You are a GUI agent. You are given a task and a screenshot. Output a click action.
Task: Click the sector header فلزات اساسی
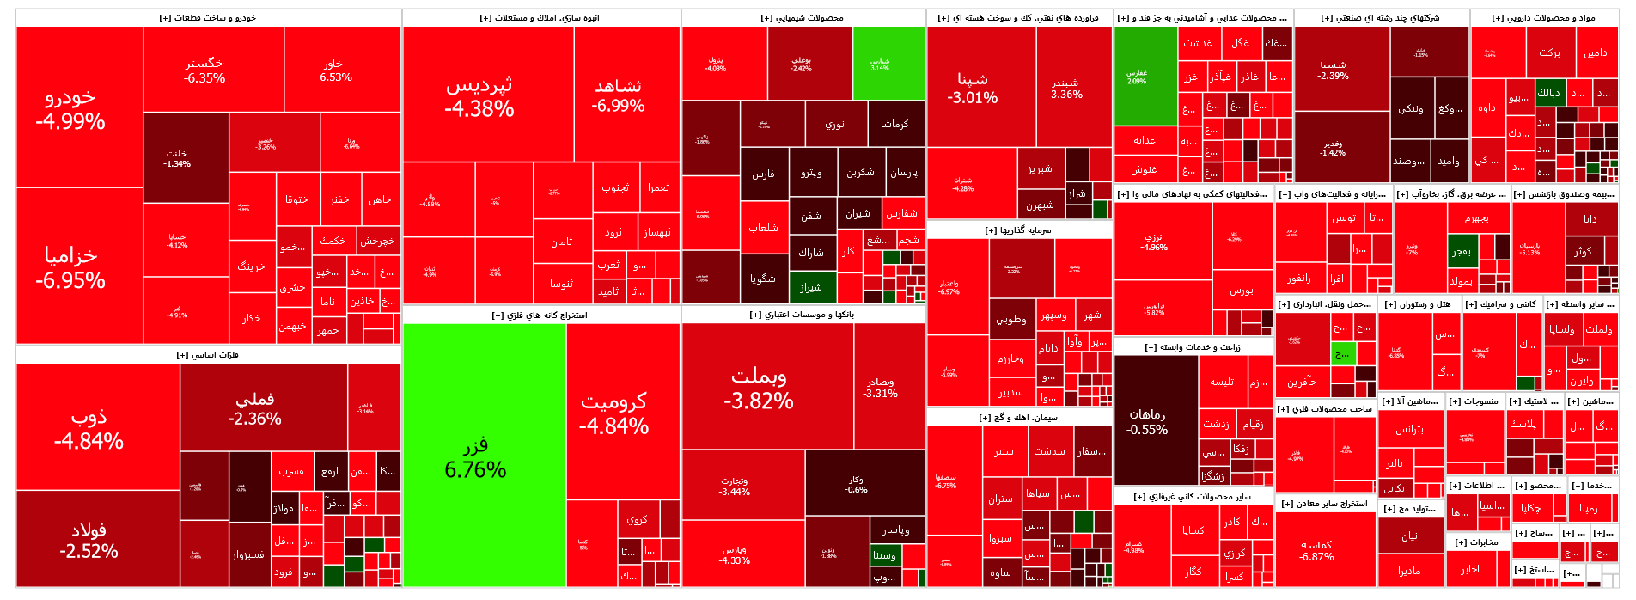(x=208, y=354)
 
